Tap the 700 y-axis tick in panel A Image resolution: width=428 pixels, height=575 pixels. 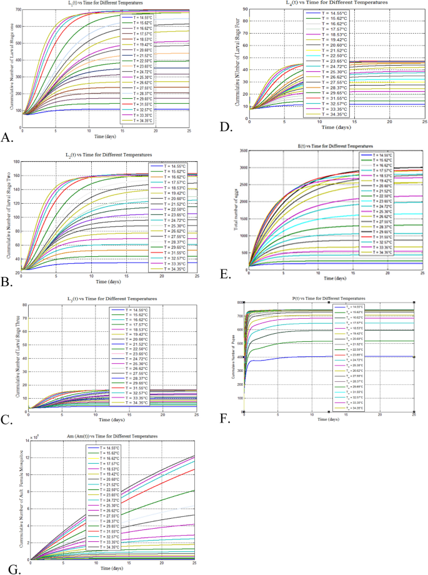pos(18,11)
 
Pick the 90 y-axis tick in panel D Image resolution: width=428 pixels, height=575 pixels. pos(245,9)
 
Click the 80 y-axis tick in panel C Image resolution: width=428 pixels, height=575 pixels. pos(19,305)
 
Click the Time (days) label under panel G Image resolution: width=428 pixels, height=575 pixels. pos(112,568)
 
